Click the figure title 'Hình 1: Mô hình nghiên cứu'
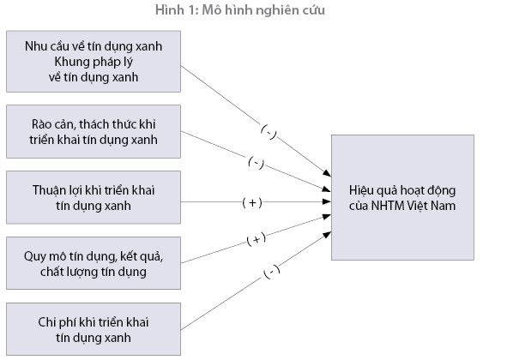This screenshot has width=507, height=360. click(240, 10)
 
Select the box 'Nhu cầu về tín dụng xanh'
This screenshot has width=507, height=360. click(94, 62)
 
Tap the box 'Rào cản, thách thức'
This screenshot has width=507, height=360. click(94, 131)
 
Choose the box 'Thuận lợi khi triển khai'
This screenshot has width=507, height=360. click(94, 197)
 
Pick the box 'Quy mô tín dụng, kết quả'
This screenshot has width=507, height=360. click(94, 263)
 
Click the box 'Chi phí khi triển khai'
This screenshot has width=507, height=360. click(94, 329)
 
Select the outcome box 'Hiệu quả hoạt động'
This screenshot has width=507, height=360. click(402, 197)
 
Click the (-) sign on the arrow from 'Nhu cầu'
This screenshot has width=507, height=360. click(269, 132)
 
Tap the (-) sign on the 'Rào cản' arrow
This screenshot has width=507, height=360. click(257, 163)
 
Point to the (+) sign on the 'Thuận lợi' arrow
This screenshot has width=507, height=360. click(252, 202)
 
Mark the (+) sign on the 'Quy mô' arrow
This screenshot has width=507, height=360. click(257, 239)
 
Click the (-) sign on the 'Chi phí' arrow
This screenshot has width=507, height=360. click(272, 272)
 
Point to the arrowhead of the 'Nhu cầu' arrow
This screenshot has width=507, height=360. click(327, 173)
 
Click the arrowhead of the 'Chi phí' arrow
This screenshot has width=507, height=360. click(327, 235)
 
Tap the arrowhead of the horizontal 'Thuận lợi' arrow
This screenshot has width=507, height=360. click(327, 201)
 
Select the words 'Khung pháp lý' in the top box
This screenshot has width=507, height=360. click(94, 62)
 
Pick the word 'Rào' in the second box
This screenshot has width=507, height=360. click(40, 124)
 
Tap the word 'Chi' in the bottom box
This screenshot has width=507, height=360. click(46, 322)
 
